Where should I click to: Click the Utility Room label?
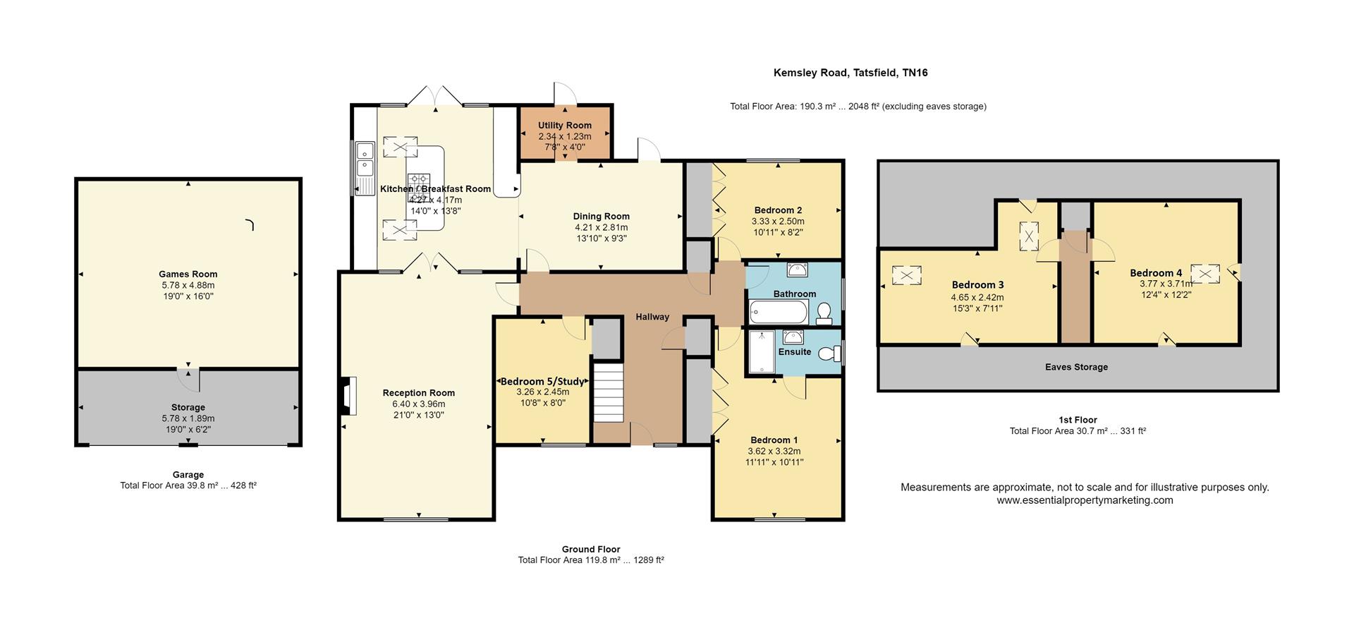coord(564,126)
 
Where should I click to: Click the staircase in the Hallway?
coord(609,392)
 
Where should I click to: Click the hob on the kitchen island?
coord(418,185)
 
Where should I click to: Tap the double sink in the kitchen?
coord(365,159)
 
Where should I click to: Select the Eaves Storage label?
coord(1076,367)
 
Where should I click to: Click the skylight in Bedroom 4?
coord(1205,273)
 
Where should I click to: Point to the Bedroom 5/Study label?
coord(542,382)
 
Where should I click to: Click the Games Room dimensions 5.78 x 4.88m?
coord(188,286)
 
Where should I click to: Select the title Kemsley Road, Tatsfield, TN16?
coord(850,73)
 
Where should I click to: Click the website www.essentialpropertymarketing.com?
coord(1085,500)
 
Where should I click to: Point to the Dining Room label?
coord(601,217)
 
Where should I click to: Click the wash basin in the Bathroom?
coord(798,270)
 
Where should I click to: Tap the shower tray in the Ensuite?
coord(762,351)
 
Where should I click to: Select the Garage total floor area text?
coord(188,485)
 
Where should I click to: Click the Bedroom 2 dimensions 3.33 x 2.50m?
coord(778,222)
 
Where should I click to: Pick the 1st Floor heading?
coord(1078,420)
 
